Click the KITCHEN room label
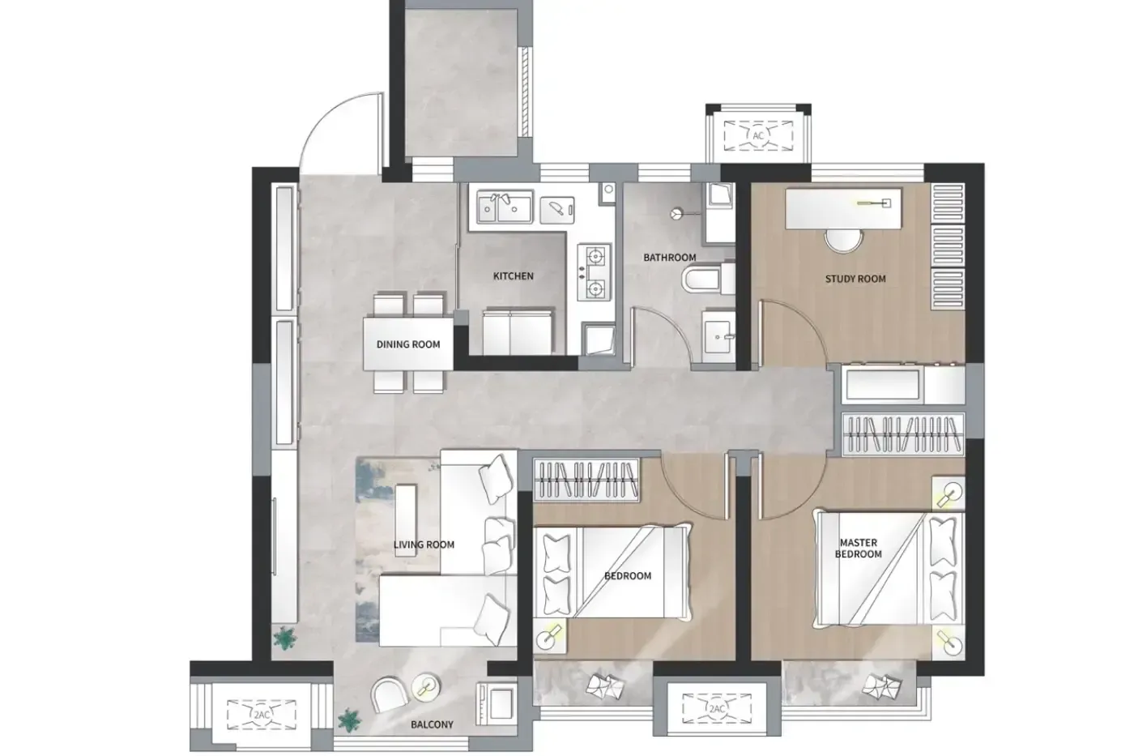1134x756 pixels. [x=513, y=276]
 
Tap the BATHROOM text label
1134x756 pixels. [x=669, y=258]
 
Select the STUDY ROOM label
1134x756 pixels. [x=855, y=279]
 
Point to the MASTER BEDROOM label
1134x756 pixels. [x=858, y=549]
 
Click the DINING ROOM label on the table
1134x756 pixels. [x=408, y=344]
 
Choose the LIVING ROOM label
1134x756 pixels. [x=424, y=545]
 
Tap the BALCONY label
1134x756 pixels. [x=432, y=724]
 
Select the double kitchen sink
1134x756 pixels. [x=505, y=207]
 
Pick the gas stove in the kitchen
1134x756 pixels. [x=595, y=272]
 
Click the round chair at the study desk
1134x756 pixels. [x=843, y=240]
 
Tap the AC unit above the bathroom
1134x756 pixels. [x=758, y=135]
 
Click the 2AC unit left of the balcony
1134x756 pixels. [x=261, y=715]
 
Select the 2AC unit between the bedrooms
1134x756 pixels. [x=716, y=708]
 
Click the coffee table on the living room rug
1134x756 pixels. [x=406, y=520]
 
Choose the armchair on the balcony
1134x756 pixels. [x=389, y=694]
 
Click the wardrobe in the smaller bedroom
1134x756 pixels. [x=586, y=480]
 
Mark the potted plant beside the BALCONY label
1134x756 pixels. [x=349, y=720]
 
